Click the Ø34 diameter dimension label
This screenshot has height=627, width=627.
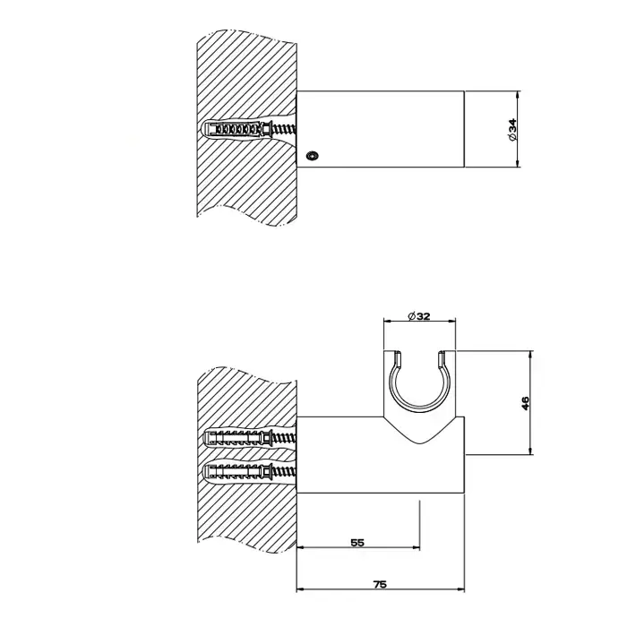tap(512, 129)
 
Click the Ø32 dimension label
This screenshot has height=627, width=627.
tap(419, 316)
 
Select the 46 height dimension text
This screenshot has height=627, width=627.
tap(525, 403)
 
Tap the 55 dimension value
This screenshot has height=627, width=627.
tap(357, 543)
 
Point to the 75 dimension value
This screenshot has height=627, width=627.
tap(380, 584)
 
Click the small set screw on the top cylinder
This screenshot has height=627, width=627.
tap(312, 155)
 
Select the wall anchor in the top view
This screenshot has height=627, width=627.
tap(250, 129)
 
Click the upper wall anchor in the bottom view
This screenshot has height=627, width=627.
tap(250, 439)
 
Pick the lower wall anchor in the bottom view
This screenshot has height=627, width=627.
tap(250, 472)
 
